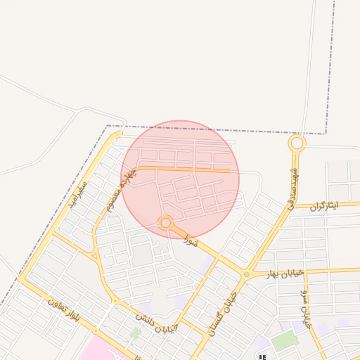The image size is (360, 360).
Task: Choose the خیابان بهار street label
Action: [284, 273]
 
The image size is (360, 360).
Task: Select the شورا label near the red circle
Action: [191, 240]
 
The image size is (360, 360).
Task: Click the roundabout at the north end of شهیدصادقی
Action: [297, 143]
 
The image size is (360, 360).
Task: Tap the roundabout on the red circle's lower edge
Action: [166, 224]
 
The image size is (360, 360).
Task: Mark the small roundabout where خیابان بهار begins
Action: [246, 274]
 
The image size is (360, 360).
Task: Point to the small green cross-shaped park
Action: [136, 332]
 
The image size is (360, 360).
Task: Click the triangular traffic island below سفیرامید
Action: [94, 256]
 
